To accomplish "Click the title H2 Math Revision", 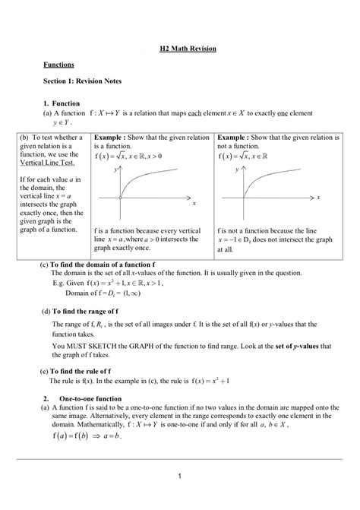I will pyautogui.click(x=188, y=49).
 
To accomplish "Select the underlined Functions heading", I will pyautogui.click(x=58, y=66).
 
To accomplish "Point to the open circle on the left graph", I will pyautogui.click(x=121, y=198).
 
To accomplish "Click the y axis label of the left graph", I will pyautogui.click(x=115, y=170).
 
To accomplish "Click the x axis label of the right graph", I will pyautogui.click(x=318, y=198).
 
